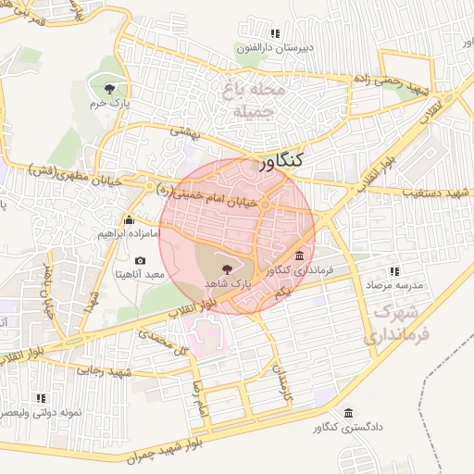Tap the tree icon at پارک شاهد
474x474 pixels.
pos(229,267)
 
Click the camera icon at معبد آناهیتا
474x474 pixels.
pos(141,261)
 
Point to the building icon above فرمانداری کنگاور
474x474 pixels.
pos(299,256)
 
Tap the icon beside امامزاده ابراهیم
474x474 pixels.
pos(129,220)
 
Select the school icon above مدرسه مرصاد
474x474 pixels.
pos(394,271)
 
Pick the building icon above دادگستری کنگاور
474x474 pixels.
pos(347,413)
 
